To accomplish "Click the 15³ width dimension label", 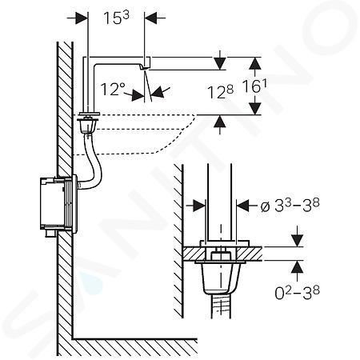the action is coord(116,18).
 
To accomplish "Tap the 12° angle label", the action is coord(113,89).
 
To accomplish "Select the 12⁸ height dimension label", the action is coord(220,92).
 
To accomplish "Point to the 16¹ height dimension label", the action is coord(254,86).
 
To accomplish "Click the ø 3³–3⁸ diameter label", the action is coord(290,206).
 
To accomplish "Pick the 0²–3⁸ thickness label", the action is coord(297,293).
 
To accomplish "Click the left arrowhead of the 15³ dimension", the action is coord(82,18).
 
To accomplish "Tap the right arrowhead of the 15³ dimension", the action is coord(150,18).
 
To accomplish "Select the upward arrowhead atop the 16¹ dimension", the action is coord(255,63).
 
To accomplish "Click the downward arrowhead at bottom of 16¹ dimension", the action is coord(255,108).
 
